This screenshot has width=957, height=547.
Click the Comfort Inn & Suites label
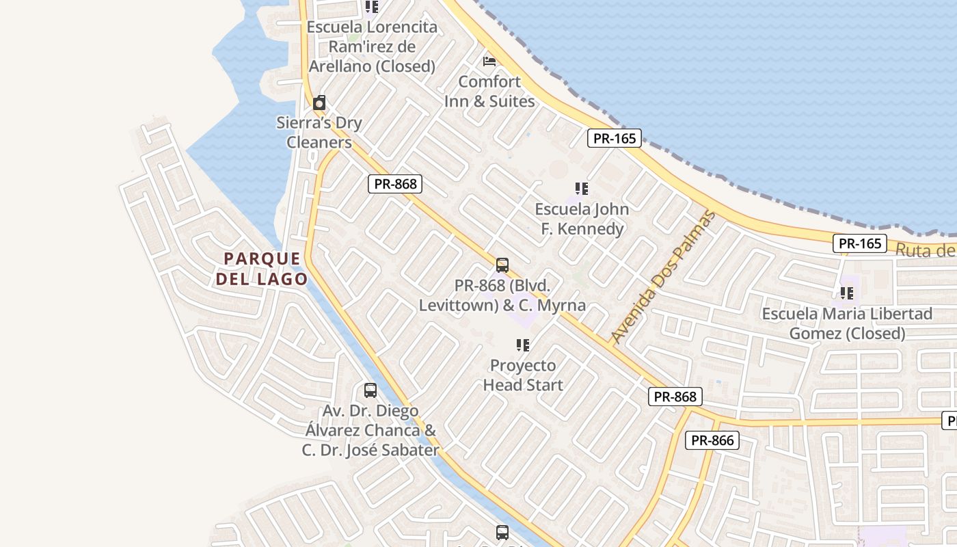[489, 91]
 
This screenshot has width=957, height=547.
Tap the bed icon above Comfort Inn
[489, 61]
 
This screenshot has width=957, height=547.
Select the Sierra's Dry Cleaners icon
[319, 103]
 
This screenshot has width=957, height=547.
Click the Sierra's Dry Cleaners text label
[319, 133]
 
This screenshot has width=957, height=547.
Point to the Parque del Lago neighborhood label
[262, 269]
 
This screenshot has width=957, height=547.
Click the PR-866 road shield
[712, 440]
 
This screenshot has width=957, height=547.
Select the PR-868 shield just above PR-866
[675, 397]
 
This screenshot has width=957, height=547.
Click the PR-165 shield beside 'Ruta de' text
[859, 243]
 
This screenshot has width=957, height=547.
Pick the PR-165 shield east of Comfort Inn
[615, 138]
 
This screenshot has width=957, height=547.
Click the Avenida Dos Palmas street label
[662, 278]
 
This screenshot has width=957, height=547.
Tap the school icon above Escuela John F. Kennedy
[582, 188]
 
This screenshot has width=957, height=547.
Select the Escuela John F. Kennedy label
[582, 218]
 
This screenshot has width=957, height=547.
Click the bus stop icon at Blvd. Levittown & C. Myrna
[502, 265]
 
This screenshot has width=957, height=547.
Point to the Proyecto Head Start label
[523, 375]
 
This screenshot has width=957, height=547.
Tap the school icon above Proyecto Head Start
[523, 345]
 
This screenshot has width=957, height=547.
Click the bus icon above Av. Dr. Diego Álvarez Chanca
[370, 390]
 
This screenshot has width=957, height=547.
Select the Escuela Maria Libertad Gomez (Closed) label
[847, 323]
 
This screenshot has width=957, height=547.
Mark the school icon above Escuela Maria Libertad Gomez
[847, 293]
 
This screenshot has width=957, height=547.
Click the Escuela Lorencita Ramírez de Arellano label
[372, 46]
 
